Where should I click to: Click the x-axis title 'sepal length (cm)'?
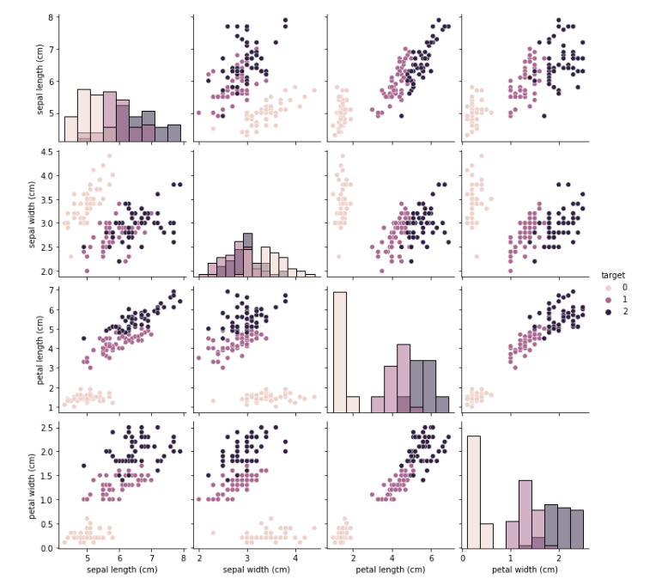121,570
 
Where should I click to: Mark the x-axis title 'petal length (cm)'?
391,570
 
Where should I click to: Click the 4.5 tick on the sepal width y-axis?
48,152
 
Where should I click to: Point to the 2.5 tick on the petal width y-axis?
48,427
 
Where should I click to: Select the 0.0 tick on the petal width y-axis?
48,547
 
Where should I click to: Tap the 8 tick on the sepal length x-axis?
182,558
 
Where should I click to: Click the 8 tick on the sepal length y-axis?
52,17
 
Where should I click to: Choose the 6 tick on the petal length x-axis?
431,558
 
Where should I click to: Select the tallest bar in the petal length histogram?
340,352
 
